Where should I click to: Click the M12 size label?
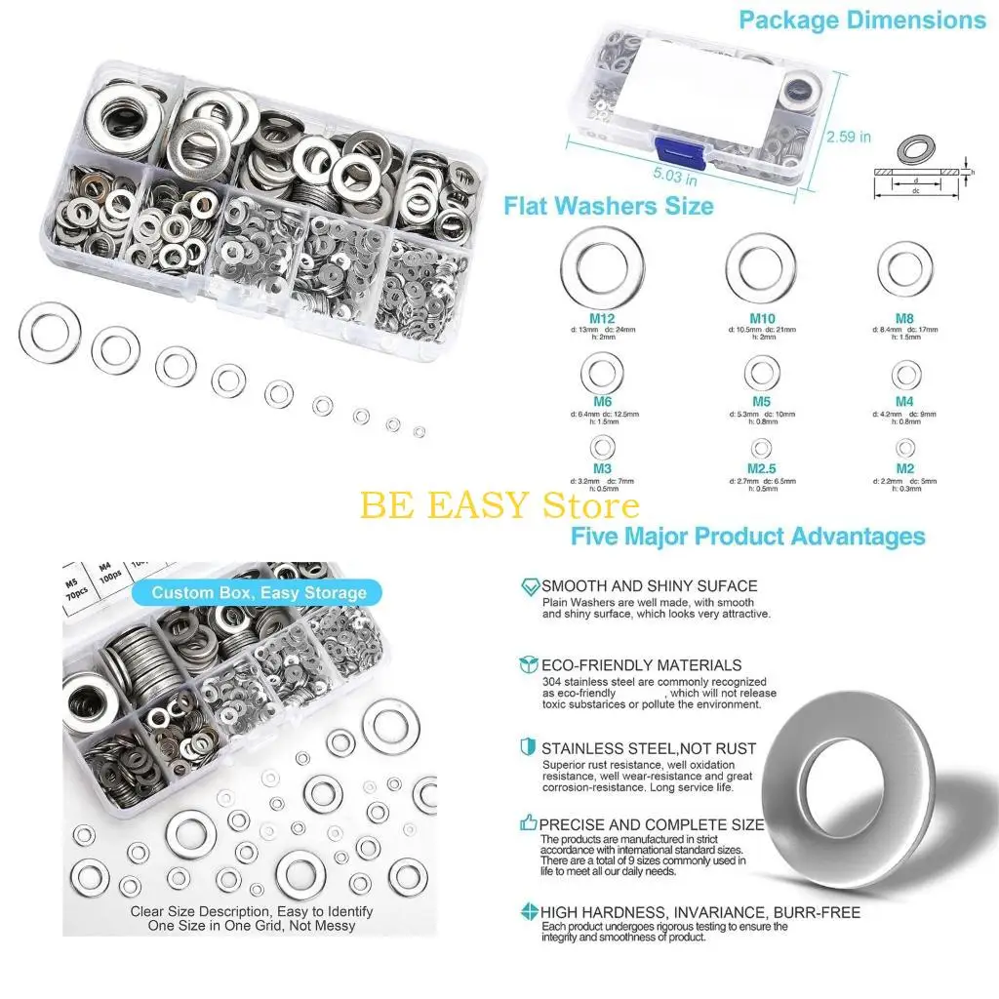pyautogui.click(x=602, y=318)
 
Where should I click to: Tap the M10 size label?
pyautogui.click(x=763, y=318)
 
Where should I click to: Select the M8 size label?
pyautogui.click(x=905, y=318)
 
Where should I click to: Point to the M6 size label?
pyautogui.click(x=602, y=403)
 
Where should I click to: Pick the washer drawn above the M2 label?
pyautogui.click(x=906, y=448)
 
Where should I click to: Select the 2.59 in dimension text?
pyautogui.click(x=849, y=137)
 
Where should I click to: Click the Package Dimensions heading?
pyautogui.click(x=861, y=20)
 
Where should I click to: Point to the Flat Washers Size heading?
pyautogui.click(x=608, y=206)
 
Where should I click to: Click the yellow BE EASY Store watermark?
pyautogui.click(x=499, y=505)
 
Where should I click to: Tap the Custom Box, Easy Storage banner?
pyautogui.click(x=259, y=592)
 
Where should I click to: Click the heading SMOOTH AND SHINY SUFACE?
pyautogui.click(x=649, y=586)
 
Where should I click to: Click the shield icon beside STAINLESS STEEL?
pyautogui.click(x=529, y=747)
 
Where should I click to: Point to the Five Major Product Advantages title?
pyautogui.click(x=747, y=536)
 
